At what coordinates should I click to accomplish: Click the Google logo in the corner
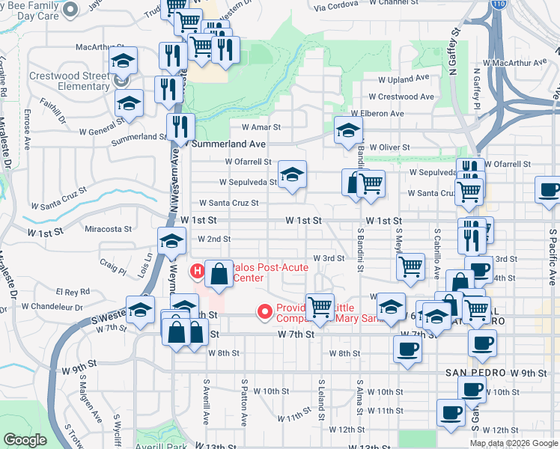point(25,440)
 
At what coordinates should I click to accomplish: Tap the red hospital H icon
point(198,271)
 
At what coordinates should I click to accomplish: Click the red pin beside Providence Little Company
point(264,311)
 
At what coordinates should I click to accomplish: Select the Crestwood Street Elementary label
point(69,81)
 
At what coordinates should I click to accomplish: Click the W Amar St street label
point(260,128)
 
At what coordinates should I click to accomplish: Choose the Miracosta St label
point(109,229)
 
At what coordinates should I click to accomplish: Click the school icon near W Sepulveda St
point(292,176)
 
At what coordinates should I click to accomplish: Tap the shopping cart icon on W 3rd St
point(410,267)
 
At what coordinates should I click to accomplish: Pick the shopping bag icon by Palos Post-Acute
point(219,274)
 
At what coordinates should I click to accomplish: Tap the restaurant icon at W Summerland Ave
point(180,126)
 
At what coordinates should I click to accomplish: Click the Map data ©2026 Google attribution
point(514,443)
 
